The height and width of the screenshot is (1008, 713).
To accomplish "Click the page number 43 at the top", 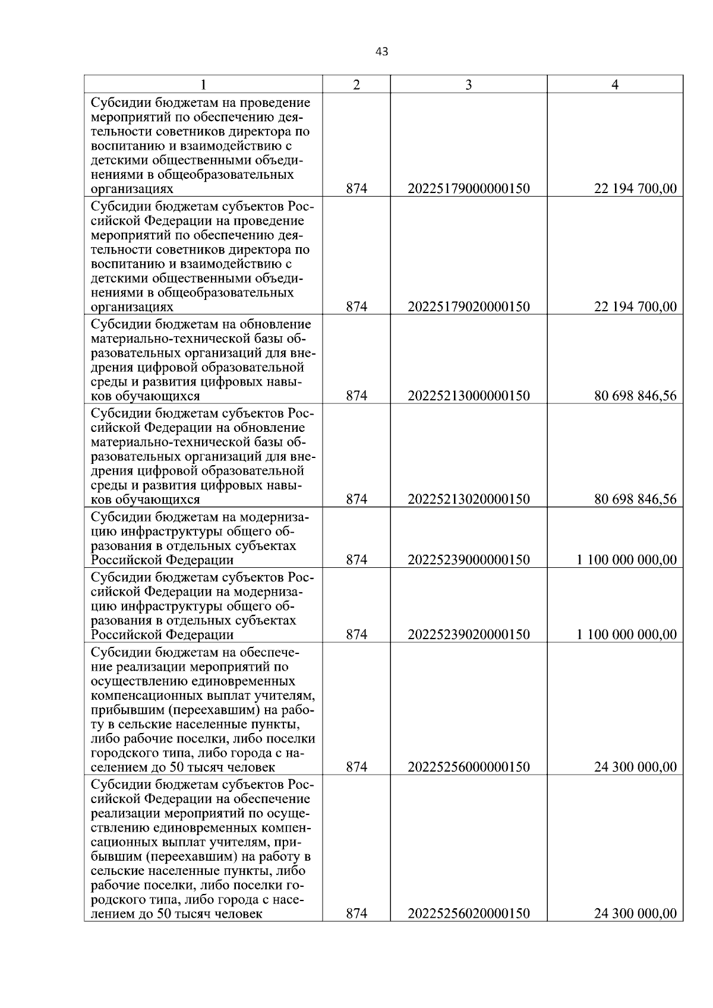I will point(382,52).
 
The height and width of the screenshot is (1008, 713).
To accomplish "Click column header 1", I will point(203,85).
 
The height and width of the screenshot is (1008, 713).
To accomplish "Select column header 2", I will point(356,85).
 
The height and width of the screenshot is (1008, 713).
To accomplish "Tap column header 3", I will point(468,85).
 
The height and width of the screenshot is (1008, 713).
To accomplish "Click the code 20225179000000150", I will point(468,189).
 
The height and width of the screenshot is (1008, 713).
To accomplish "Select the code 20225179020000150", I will point(468,307).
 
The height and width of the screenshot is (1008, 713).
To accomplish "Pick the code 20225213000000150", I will point(468,396).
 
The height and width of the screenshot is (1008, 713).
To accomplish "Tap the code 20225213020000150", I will point(468,500).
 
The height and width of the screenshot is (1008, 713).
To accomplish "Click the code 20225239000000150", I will point(468,560).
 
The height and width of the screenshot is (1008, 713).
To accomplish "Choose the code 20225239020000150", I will point(468,635).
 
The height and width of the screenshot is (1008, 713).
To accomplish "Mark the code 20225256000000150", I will point(468,767).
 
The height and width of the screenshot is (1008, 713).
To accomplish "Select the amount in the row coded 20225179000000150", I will point(635,189).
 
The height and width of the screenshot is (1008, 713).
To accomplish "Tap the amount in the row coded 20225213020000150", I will point(635,500).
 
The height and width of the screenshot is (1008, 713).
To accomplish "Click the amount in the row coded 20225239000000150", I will point(626,560).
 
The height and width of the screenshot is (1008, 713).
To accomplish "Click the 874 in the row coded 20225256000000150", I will point(356,767).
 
